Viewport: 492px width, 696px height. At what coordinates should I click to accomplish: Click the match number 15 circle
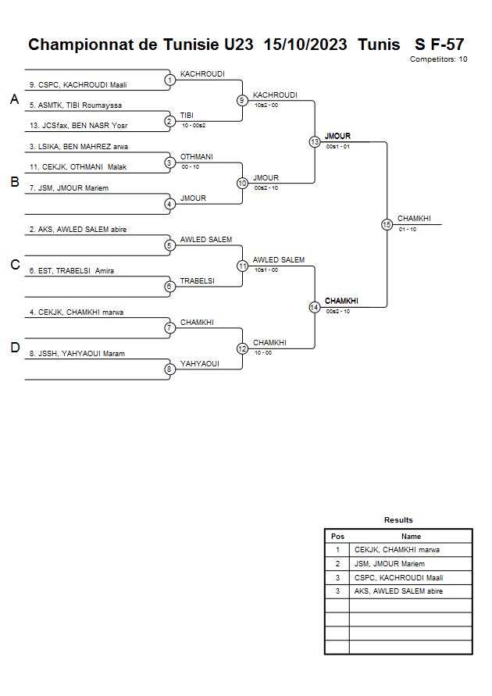click(387, 224)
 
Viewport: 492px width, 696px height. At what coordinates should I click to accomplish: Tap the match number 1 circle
click(169, 80)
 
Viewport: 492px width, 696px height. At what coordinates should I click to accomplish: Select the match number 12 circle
click(242, 348)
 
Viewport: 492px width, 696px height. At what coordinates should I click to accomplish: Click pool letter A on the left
click(14, 99)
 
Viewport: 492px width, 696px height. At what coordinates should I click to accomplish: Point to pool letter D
click(14, 348)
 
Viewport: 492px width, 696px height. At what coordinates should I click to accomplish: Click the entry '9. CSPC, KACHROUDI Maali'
click(78, 84)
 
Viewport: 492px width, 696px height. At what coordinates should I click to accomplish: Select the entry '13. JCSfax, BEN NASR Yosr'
click(78, 125)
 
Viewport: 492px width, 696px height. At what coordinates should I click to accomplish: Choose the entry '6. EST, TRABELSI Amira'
click(72, 271)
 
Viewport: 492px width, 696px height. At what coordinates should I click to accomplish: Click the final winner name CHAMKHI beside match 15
click(414, 219)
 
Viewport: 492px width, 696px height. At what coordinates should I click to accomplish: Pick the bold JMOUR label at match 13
click(337, 136)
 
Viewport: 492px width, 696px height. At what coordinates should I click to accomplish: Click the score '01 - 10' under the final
click(407, 230)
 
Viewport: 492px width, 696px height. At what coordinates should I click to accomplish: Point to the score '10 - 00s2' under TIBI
click(193, 125)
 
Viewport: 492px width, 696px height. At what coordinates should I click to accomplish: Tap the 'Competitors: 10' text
click(439, 59)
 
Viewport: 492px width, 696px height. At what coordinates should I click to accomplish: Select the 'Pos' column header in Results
click(337, 537)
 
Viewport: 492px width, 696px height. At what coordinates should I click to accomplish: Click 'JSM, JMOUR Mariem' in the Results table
click(390, 564)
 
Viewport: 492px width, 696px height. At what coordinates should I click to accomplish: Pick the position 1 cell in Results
click(337, 550)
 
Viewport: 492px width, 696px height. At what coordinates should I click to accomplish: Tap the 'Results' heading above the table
click(398, 520)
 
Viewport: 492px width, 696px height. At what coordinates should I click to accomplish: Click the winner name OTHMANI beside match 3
click(196, 156)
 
